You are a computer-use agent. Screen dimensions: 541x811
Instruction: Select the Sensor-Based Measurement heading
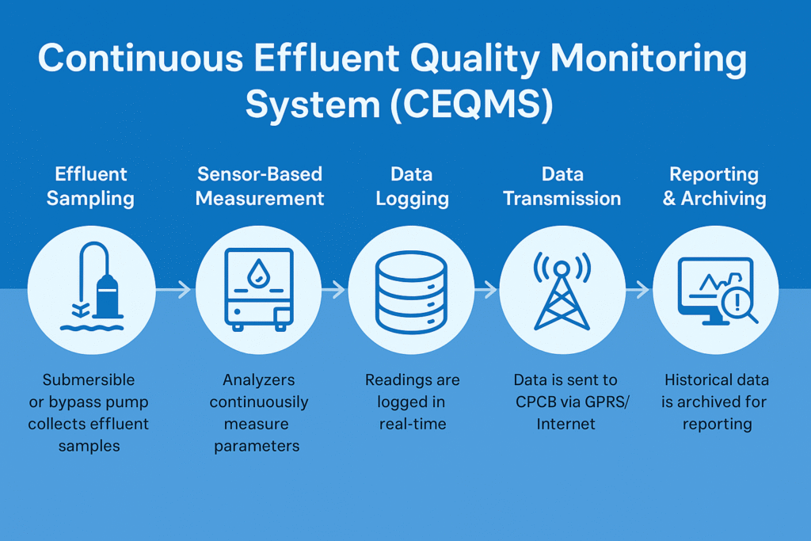pyautogui.click(x=260, y=186)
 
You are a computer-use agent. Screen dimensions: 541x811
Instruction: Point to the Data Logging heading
pyautogui.click(x=412, y=186)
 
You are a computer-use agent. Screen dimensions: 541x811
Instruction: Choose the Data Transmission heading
pyautogui.click(x=562, y=186)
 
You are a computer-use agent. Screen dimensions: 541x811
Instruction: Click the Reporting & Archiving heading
pyautogui.click(x=714, y=186)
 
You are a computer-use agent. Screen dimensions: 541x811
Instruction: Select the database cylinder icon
pyautogui.click(x=412, y=291)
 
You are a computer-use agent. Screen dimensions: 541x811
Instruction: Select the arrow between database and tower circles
pyautogui.click(x=485, y=291)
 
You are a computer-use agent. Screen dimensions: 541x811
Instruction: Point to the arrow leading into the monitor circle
pyautogui.click(x=637, y=291)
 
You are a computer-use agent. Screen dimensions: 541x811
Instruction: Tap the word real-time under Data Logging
pyautogui.click(x=412, y=424)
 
